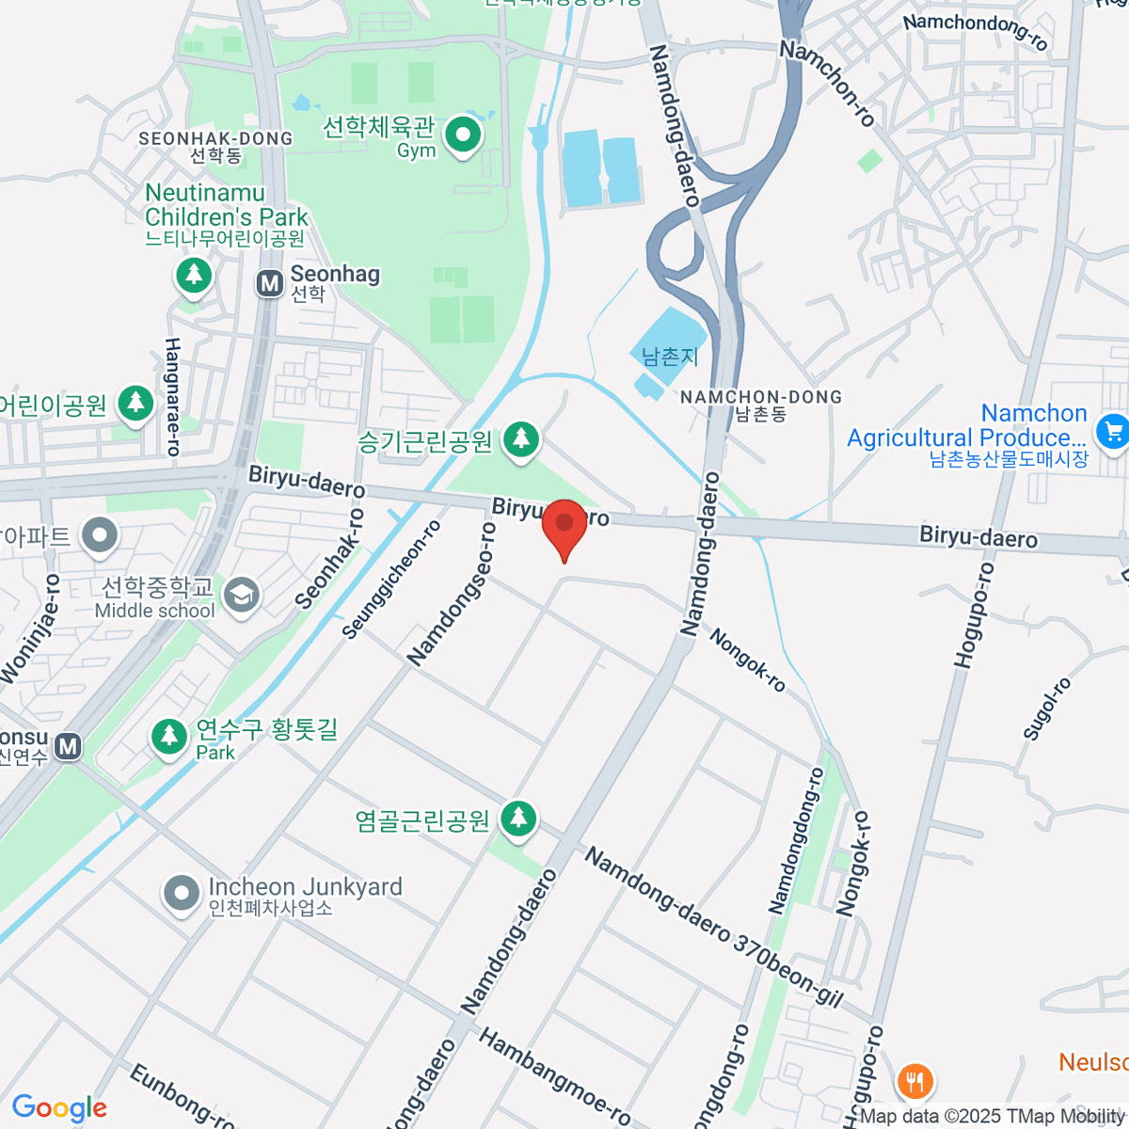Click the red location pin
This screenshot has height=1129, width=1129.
click(x=564, y=523)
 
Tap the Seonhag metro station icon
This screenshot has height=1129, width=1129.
click(x=270, y=283)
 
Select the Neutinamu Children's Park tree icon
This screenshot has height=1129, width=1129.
click(x=194, y=276)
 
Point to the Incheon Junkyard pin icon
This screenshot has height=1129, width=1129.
click(x=181, y=895)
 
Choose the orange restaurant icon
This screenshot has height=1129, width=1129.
click(x=913, y=1080)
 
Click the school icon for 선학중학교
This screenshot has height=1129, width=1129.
click(x=243, y=596)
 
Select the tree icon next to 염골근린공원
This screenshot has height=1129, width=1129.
click(x=517, y=819)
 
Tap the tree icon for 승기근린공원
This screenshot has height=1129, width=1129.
click(x=520, y=439)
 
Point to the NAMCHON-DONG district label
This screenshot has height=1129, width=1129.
click(x=761, y=397)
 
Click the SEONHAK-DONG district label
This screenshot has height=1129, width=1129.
click(x=215, y=138)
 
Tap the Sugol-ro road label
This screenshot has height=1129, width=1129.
click(x=1045, y=708)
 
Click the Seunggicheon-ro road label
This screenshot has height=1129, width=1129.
click(x=390, y=580)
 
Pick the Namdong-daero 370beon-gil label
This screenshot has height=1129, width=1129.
click(x=714, y=926)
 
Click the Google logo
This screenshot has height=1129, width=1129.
click(x=59, y=1108)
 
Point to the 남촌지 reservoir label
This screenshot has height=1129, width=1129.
click(x=670, y=357)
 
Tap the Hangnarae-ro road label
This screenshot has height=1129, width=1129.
click(x=172, y=397)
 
